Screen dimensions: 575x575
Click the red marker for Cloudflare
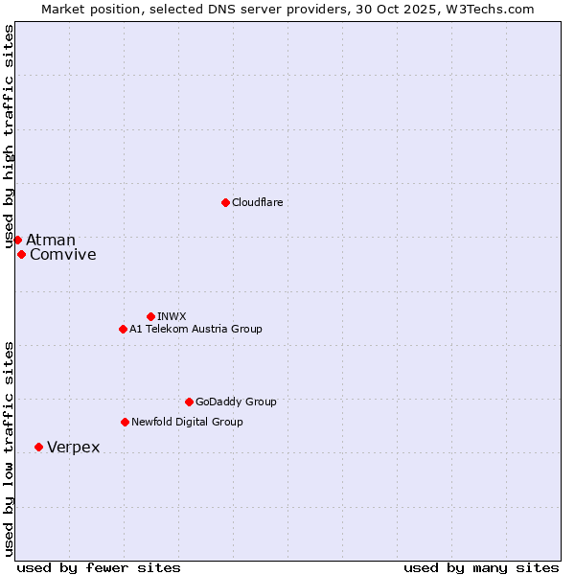pyautogui.click(x=225, y=202)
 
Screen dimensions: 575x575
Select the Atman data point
pyautogui.click(x=17, y=240)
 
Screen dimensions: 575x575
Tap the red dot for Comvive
pyautogui.click(x=21, y=254)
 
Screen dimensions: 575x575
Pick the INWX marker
pyautogui.click(x=150, y=316)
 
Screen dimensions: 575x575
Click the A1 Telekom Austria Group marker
pyautogui.click(x=123, y=329)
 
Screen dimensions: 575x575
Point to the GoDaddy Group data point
pyautogui.click(x=189, y=402)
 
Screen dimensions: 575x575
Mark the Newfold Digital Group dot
pyautogui.click(x=125, y=422)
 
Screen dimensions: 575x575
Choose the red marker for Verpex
pyautogui.click(x=38, y=447)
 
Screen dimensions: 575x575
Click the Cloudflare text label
pyautogui.click(x=258, y=202)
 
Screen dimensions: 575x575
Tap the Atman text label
pyautogui.click(x=51, y=240)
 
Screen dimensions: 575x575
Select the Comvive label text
pyautogui.click(x=63, y=254)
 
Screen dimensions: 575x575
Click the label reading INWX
pyautogui.click(x=172, y=316)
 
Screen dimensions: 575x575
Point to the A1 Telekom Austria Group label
pyautogui.click(x=195, y=329)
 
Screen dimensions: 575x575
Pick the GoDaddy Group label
pyautogui.click(x=236, y=402)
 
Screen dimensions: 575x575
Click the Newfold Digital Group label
pyautogui.click(x=187, y=422)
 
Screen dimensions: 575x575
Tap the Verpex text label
pyautogui.click(x=74, y=448)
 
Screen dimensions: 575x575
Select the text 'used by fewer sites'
pyautogui.click(x=99, y=567)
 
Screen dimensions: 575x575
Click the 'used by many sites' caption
pyautogui.click(x=481, y=567)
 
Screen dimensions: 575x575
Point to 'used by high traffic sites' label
pyautogui.click(x=9, y=138)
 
